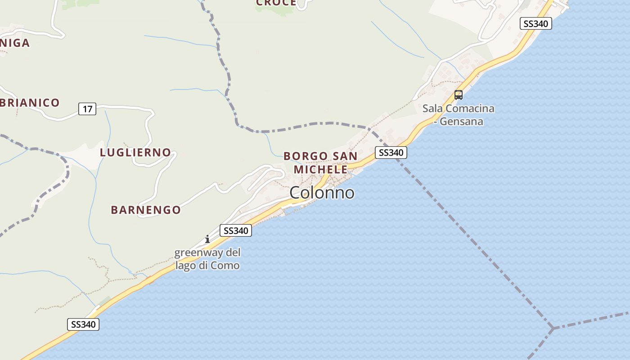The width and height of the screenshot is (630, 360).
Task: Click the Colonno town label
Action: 322,193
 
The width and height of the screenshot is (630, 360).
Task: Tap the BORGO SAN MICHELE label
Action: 320,162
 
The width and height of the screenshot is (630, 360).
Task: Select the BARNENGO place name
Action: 146,210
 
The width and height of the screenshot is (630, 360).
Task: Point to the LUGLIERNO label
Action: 135,152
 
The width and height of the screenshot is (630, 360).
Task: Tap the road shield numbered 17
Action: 87,108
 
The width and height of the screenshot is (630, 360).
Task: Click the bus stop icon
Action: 459,95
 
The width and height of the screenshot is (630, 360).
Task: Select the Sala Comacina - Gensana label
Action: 458,115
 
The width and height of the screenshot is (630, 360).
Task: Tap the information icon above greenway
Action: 207,239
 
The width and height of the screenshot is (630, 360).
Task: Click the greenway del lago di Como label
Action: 207,259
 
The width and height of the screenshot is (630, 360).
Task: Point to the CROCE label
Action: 276,3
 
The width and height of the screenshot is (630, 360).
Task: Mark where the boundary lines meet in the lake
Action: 553,328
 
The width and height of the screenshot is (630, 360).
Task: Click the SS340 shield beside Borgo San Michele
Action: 391,153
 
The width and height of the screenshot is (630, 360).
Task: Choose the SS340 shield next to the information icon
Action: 236,230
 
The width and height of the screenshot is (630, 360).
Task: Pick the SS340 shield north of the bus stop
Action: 535,23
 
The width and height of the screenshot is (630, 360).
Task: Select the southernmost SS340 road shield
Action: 83,324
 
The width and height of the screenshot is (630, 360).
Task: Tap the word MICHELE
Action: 320,170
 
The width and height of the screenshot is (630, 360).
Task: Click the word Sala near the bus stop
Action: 432,108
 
